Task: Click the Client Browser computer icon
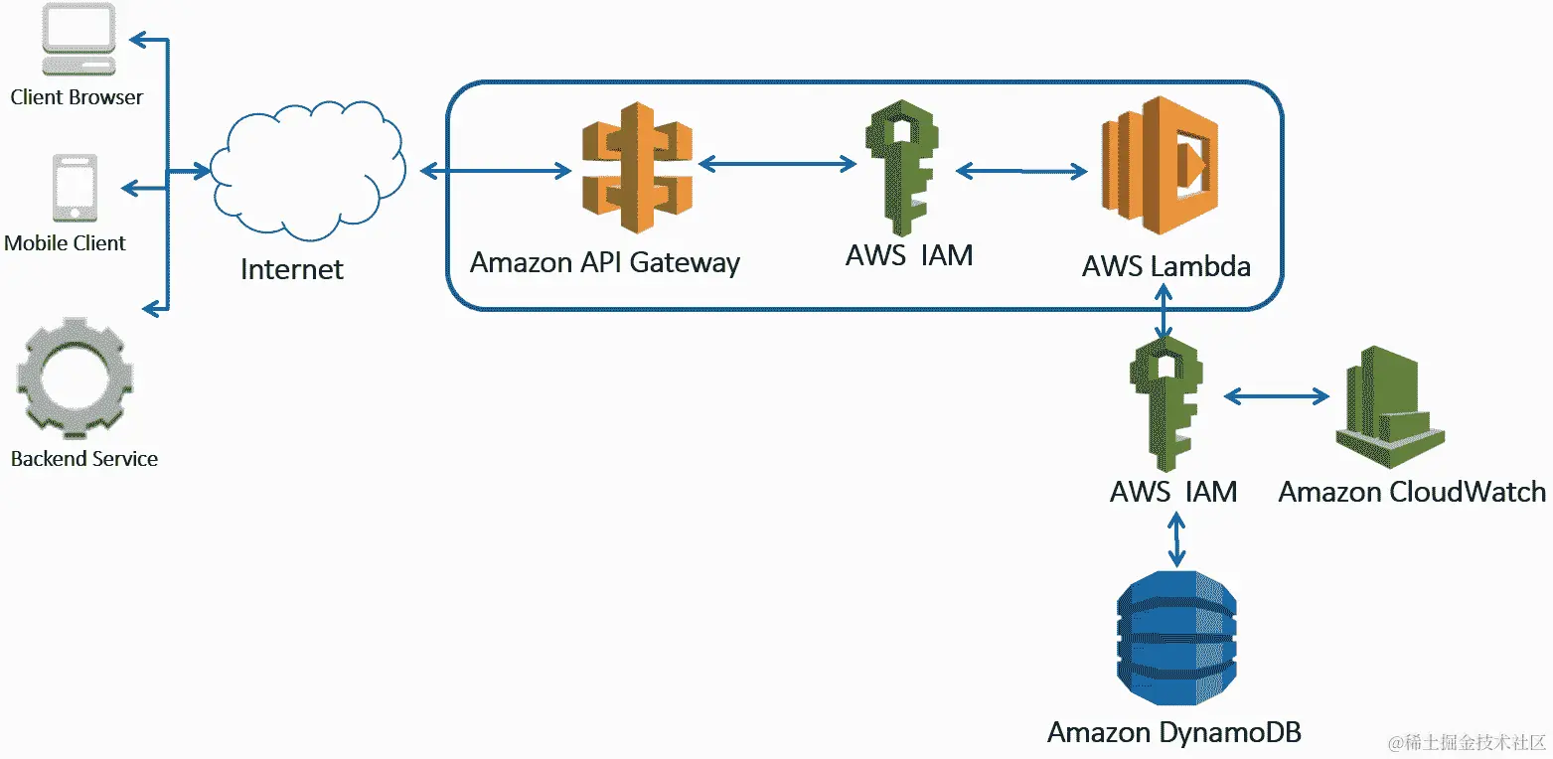point(78,40)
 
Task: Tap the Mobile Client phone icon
point(75,188)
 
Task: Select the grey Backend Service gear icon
point(75,379)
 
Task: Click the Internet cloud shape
point(308,171)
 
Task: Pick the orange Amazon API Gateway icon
point(637,168)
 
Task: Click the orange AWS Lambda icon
point(1160,165)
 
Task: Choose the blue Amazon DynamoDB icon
point(1176,639)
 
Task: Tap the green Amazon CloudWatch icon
point(1390,407)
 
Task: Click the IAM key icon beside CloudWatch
point(1166,404)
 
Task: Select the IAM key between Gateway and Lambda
point(902,168)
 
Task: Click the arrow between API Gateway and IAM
point(777,164)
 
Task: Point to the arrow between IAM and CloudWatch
point(1277,396)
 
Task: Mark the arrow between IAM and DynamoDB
point(1176,540)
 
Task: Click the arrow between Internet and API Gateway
point(496,171)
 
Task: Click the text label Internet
point(292,269)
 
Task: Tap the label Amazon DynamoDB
point(1173,732)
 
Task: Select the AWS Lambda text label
point(1166,266)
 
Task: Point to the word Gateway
point(685,263)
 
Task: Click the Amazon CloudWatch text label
point(1412,492)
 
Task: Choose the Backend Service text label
point(83,459)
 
